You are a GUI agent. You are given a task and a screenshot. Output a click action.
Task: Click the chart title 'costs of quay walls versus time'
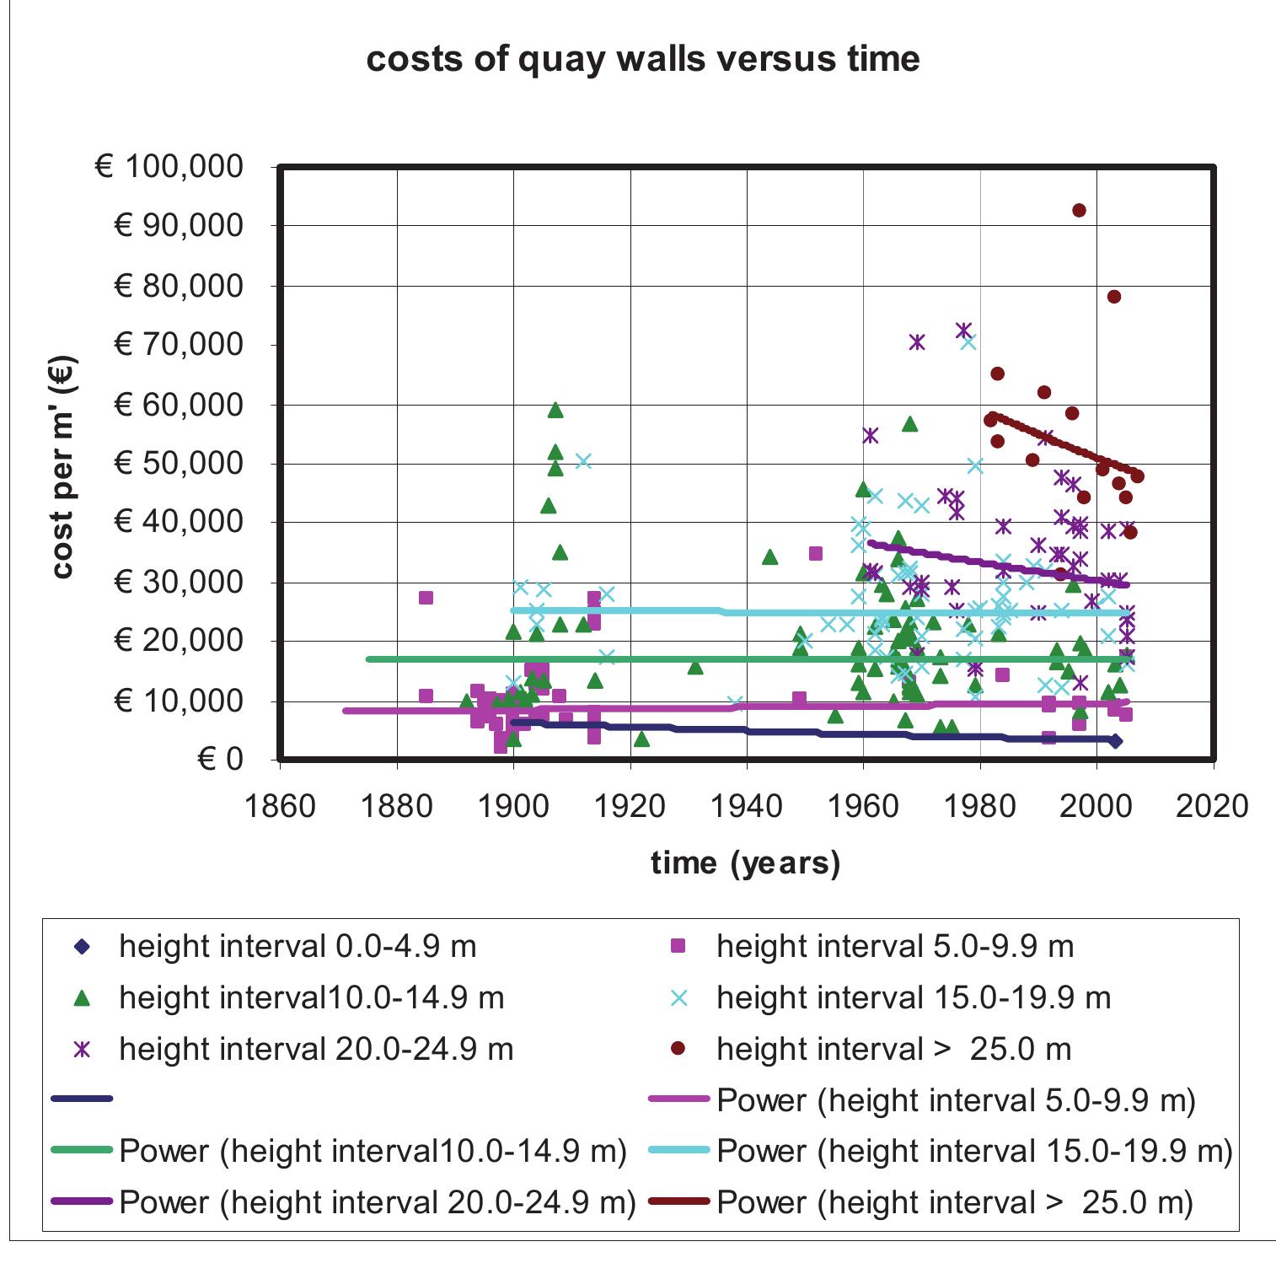(642, 60)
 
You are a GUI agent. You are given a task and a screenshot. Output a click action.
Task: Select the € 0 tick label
(220, 760)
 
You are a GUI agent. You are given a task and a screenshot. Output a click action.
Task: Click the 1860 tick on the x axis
(279, 806)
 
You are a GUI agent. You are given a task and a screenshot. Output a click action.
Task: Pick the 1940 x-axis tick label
(747, 806)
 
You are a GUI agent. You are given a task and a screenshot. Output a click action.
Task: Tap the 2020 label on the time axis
(1212, 806)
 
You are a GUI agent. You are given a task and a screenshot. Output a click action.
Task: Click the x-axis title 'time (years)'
(746, 863)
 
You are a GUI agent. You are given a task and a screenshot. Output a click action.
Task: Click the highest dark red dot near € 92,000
(1078, 210)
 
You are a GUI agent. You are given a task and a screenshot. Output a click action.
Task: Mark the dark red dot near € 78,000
(1113, 296)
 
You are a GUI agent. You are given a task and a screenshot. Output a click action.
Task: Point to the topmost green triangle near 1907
(555, 411)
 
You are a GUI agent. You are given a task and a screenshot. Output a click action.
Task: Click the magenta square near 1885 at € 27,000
(426, 598)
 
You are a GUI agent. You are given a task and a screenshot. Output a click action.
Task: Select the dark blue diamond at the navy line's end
(1115, 741)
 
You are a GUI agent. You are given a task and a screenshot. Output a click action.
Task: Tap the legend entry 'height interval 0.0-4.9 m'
(298, 946)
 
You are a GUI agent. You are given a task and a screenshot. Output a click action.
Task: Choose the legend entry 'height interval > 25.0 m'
(893, 1049)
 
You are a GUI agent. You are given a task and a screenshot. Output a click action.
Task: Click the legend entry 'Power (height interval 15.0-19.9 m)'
(973, 1152)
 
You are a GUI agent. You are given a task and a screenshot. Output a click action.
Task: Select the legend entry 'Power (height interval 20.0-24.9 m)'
(377, 1202)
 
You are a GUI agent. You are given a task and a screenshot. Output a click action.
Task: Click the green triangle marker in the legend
(82, 998)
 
